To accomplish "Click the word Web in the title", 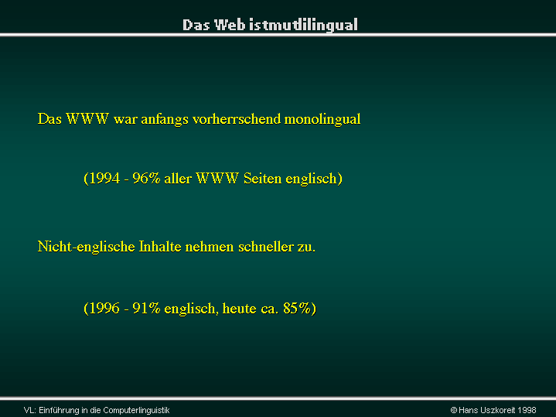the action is (230, 25).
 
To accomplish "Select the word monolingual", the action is (322, 119).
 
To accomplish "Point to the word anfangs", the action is (165, 119).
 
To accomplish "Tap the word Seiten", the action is (262, 178).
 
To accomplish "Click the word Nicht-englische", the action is (86, 247).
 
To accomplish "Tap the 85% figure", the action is (297, 308).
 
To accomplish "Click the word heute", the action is (239, 308).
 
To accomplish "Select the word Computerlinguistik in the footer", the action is (137, 410).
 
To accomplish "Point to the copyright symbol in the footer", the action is (453, 410).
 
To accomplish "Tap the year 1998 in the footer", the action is (527, 410).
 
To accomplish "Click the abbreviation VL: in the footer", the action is (30, 410).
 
